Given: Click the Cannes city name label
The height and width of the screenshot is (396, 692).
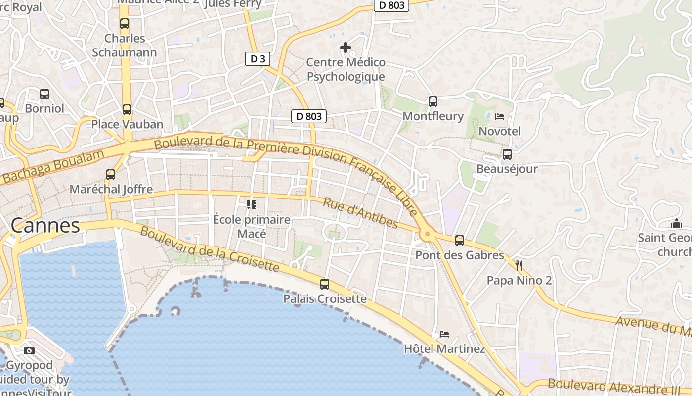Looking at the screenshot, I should (45, 226).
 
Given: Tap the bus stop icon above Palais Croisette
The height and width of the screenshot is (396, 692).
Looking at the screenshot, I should (325, 284).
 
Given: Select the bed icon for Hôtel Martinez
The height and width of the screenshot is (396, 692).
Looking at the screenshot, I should (444, 334).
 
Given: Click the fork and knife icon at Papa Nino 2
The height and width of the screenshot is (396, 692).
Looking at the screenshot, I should (519, 266).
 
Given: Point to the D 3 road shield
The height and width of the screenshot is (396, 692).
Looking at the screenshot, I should (258, 59).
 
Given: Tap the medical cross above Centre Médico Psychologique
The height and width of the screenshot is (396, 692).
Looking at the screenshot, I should (346, 48).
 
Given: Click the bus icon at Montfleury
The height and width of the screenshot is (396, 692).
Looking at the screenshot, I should (433, 101).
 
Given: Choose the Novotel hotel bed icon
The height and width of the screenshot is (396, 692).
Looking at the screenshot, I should (500, 117).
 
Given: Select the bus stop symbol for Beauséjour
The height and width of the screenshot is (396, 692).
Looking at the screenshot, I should (507, 154).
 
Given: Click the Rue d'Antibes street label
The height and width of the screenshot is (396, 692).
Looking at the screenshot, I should (360, 213).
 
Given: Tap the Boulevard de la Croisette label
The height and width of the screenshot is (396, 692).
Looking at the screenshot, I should (210, 249).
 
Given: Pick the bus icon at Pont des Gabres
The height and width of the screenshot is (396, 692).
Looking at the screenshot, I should (460, 241).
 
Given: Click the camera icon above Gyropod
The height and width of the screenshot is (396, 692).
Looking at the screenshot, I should (29, 350).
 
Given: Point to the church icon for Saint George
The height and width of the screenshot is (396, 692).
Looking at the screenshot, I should (677, 223).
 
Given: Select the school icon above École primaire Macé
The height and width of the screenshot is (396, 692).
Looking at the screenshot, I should (252, 204).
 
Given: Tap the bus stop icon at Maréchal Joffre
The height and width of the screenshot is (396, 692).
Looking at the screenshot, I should (111, 174).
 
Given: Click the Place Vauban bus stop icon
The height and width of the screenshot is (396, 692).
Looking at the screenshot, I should (127, 109).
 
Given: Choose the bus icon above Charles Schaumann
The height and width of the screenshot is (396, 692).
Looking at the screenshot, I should (125, 23).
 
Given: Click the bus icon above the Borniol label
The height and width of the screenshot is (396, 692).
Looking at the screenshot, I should (44, 94).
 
